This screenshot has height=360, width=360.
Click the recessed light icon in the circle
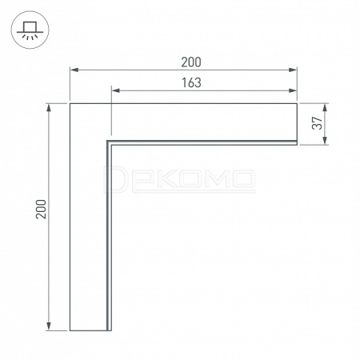click(30, 30)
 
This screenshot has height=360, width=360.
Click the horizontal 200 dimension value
click(191, 62)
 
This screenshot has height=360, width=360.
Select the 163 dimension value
click(191, 83)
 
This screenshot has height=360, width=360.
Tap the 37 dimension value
click(318, 123)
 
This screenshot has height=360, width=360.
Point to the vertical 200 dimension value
click(41, 209)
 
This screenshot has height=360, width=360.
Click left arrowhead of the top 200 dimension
click(74, 70)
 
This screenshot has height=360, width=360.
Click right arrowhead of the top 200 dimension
click(293, 70)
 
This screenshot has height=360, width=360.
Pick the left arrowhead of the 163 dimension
click(116, 90)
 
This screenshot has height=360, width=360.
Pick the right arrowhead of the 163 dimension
click(293, 90)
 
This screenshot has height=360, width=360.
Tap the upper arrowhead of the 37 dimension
click(325, 107)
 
